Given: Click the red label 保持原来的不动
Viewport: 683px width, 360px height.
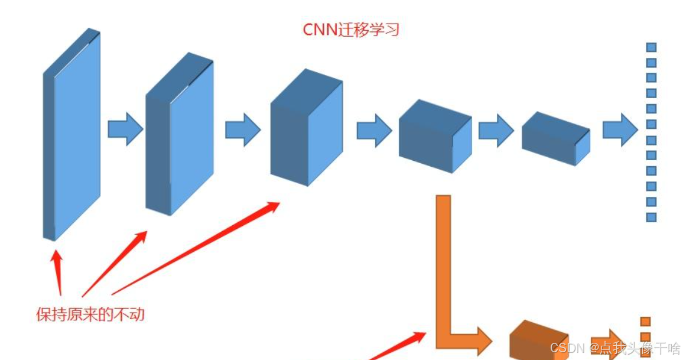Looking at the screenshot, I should click(90, 314).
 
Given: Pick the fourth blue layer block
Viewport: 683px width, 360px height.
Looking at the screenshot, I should click(434, 137).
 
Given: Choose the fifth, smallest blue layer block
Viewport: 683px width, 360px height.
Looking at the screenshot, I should click(555, 138).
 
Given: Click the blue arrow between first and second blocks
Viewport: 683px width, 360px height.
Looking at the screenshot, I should click(125, 128).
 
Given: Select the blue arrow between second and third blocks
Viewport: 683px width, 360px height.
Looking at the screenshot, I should click(242, 128).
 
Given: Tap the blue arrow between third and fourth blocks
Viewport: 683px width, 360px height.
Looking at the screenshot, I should click(373, 130).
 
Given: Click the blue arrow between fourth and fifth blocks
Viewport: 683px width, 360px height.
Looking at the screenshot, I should click(496, 130).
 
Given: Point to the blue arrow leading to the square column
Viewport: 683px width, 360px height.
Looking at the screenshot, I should click(620, 129).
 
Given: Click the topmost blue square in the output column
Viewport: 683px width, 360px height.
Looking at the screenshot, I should click(652, 47).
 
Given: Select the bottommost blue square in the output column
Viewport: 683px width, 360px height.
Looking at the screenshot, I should click(652, 217).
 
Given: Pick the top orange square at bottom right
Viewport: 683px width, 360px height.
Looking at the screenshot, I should click(645, 322).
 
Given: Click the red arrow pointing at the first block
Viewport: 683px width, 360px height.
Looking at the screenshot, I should click(57, 273).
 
